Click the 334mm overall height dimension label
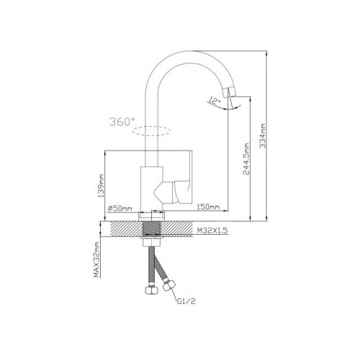(263, 136)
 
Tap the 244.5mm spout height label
(246, 159)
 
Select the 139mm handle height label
(102, 186)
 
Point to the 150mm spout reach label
(208, 207)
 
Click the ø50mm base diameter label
(120, 208)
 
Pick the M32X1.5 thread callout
(212, 230)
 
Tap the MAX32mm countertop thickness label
(96, 259)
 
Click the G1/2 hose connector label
(186, 301)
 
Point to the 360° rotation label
(122, 122)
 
